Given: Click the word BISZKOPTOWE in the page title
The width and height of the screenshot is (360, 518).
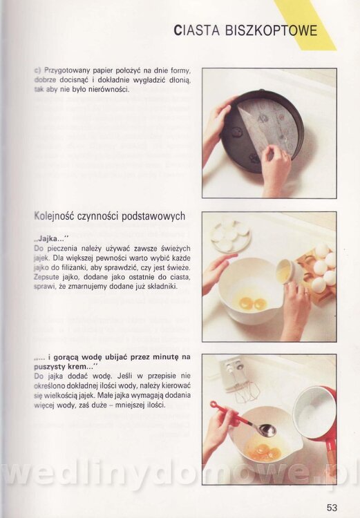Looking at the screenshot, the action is (271, 30).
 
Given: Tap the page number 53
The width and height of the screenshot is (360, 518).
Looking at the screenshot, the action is (332, 507).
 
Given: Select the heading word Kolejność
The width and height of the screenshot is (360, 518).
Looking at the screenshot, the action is (54, 217).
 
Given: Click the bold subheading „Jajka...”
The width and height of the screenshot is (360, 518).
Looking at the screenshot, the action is (51, 238).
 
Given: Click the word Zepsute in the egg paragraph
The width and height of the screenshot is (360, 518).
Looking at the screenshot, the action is (46, 277).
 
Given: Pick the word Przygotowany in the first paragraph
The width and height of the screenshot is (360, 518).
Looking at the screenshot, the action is (67, 70).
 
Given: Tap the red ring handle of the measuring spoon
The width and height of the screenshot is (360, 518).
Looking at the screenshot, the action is (215, 405).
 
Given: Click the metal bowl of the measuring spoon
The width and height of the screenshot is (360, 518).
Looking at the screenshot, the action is (267, 430).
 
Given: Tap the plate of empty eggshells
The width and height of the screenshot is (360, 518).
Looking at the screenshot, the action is (231, 236).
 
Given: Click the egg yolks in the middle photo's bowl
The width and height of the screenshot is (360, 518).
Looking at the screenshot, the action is (253, 303).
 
